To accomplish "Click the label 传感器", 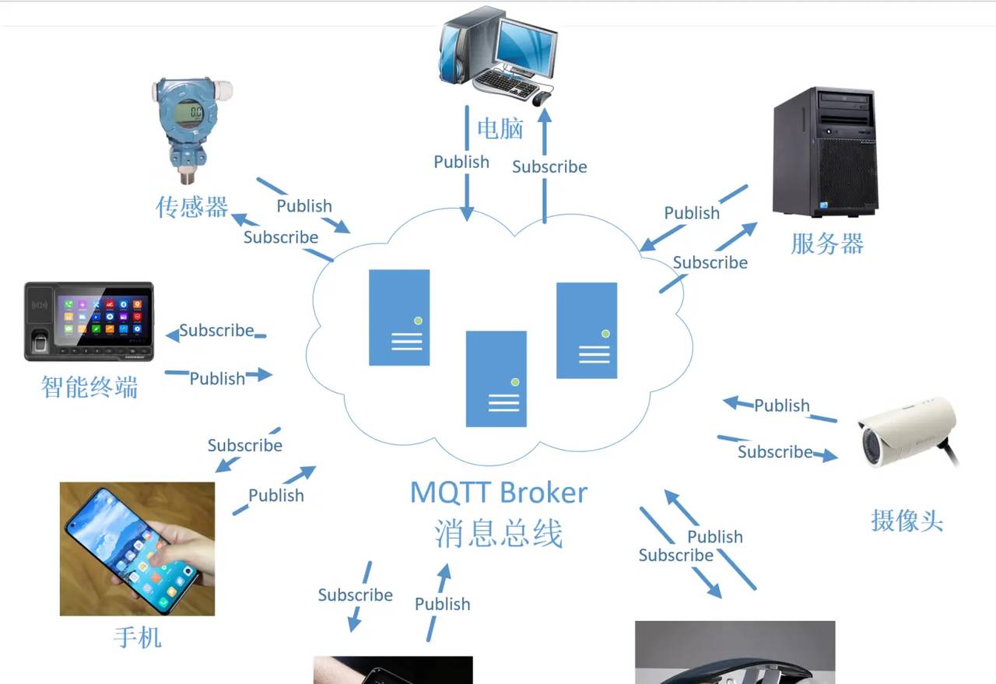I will click(x=192, y=207).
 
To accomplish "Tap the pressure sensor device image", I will click(x=191, y=128).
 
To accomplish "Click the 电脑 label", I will click(x=500, y=128).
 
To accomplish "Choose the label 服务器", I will click(x=827, y=244).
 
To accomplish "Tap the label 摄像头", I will click(x=907, y=521).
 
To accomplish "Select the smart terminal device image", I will click(x=89, y=321).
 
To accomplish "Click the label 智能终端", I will click(x=89, y=386).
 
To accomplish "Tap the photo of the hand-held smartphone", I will click(x=137, y=549).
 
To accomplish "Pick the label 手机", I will click(x=138, y=638).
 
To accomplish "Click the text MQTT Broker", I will click(x=499, y=493).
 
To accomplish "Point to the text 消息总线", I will click(x=499, y=534).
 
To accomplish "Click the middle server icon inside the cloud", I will click(x=496, y=379).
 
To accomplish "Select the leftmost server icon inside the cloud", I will click(x=399, y=317).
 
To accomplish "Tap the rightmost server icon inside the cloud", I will click(x=587, y=331).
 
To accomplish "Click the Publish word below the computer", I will click(x=461, y=162).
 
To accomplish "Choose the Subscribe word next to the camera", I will click(x=775, y=452).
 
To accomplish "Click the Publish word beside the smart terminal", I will click(x=217, y=378).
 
